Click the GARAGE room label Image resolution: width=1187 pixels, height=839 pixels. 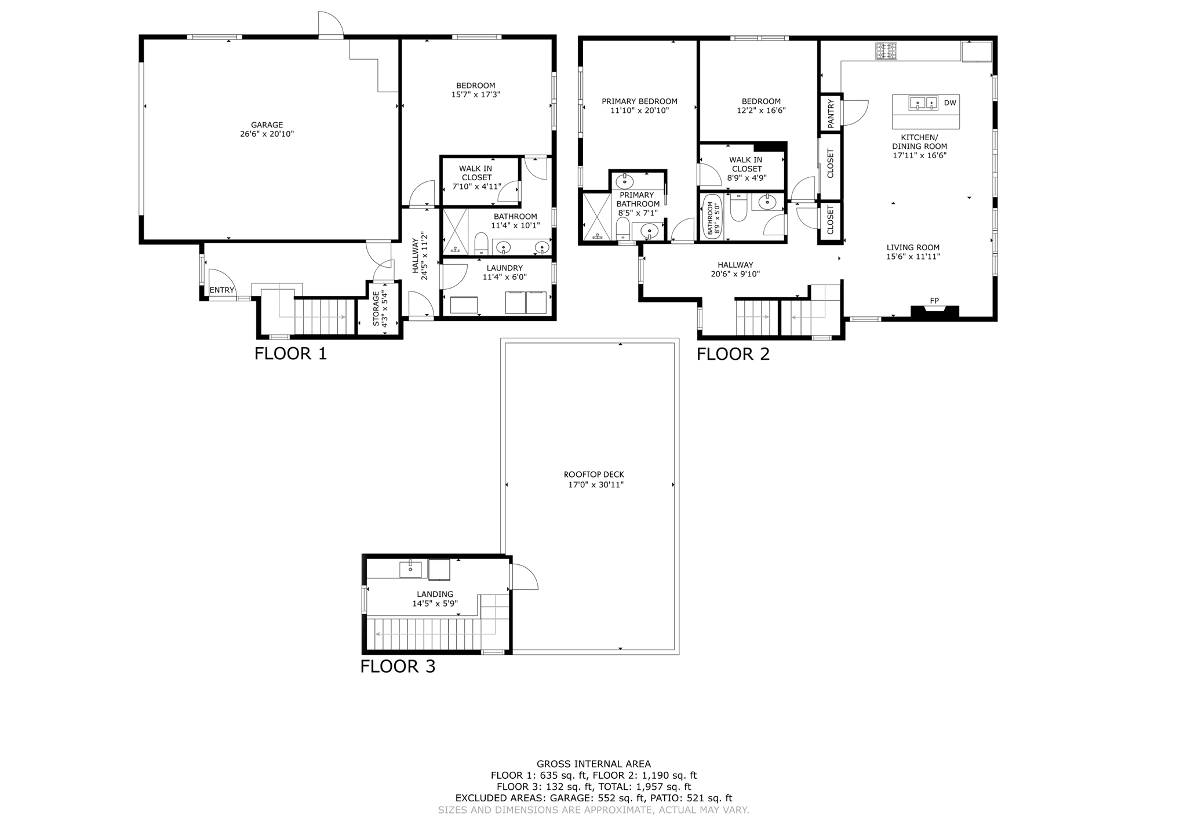tap(267, 125)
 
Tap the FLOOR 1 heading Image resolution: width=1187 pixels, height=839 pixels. tap(290, 353)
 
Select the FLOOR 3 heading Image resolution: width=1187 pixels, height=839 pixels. tap(398, 666)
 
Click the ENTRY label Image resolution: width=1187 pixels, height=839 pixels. tap(221, 290)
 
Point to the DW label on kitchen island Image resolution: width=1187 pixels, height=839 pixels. tap(950, 103)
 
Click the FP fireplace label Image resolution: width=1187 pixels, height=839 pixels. tap(934, 301)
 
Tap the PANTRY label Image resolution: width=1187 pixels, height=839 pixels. tap(831, 114)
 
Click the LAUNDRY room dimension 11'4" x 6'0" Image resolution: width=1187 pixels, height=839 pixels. tap(504, 277)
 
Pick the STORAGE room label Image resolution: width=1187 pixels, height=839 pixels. tap(376, 308)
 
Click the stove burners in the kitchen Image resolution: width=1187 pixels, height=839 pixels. tap(886, 52)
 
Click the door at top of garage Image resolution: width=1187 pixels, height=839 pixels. tap(331, 24)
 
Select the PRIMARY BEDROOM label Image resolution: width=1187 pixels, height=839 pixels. tap(639, 101)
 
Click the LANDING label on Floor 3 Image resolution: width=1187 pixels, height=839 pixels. tap(435, 594)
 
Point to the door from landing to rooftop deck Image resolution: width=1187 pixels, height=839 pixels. tap(523, 577)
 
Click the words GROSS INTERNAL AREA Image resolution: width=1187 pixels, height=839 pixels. tap(593, 764)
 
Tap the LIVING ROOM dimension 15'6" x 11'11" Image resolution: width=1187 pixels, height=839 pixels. tap(913, 256)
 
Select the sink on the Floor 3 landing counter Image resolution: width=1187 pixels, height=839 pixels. tap(410, 569)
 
